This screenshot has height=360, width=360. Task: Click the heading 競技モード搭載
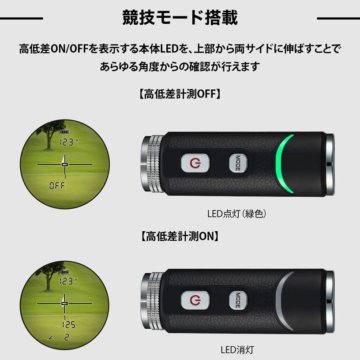(180, 18)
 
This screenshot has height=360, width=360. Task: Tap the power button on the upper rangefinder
(195, 163)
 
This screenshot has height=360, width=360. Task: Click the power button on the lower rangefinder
(195, 300)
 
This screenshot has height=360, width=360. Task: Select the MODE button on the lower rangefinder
(238, 300)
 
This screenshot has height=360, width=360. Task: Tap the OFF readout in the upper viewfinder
(57, 185)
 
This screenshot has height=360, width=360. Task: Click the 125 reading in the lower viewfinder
(68, 325)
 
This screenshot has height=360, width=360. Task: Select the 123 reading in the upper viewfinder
(66, 142)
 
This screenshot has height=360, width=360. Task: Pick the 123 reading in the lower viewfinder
(66, 281)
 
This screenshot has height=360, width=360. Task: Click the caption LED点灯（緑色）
(236, 214)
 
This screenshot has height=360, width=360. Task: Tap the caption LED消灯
(237, 350)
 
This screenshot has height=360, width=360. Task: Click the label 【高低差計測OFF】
(180, 94)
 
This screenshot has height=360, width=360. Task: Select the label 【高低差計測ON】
(180, 236)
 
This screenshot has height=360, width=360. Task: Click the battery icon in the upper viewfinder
(64, 132)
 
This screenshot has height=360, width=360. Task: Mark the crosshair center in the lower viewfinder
(65, 304)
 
